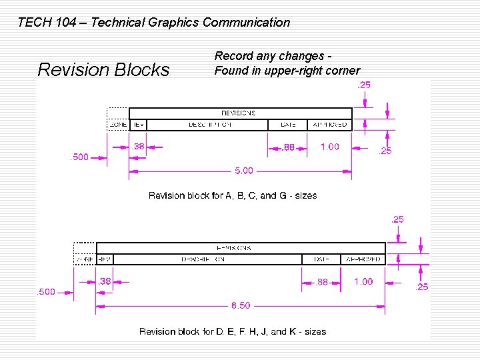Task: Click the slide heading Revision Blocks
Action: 103,69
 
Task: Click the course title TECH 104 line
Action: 153,23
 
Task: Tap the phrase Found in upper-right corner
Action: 287,71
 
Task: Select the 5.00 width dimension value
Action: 244,171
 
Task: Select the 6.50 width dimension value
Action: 241,305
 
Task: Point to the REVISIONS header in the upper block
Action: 238,113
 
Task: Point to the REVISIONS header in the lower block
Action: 234,248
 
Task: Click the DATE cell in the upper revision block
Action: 288,125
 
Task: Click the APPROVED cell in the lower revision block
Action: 363,259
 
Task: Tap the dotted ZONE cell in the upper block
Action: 117,125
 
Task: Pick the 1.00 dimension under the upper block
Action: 329,147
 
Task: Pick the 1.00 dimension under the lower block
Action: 363,281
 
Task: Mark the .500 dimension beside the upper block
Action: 79,157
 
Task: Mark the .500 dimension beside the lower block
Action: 46,292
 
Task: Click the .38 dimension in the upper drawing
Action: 138,147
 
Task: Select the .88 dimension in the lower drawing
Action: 321,282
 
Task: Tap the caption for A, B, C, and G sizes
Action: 233,195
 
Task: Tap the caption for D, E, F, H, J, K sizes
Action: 233,331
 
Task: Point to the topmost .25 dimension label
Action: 365,85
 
